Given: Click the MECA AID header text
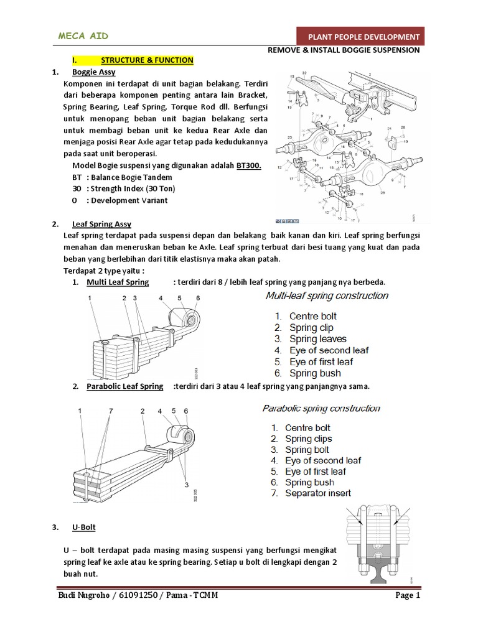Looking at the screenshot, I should (x=83, y=36).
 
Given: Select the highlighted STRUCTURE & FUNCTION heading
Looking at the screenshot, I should (x=147, y=60).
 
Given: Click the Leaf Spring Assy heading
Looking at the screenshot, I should (x=101, y=224).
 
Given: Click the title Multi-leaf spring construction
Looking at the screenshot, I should (x=327, y=295).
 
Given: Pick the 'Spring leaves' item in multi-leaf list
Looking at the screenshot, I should (x=318, y=339).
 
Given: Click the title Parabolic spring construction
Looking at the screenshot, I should (x=321, y=409).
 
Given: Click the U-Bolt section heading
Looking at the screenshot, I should (x=84, y=528).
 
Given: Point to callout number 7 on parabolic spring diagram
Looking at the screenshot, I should (x=111, y=411).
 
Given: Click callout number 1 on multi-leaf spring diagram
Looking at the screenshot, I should (x=90, y=299).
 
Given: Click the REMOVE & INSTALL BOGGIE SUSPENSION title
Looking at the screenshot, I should (x=343, y=50).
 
